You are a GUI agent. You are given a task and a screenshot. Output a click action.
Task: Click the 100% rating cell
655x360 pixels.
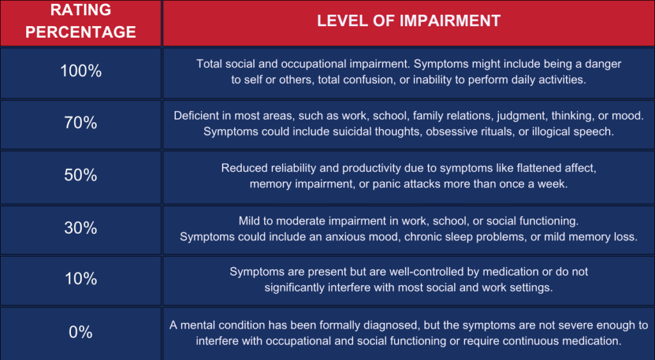point(81,73)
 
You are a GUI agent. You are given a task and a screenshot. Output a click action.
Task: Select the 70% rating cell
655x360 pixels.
point(81,125)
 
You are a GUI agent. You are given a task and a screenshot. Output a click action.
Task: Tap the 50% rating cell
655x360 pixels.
point(81,177)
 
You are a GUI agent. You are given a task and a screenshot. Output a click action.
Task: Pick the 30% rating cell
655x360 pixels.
point(81,230)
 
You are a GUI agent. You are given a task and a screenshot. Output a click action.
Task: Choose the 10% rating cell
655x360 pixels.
point(81,280)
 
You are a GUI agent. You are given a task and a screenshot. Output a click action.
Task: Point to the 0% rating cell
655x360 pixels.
point(81,333)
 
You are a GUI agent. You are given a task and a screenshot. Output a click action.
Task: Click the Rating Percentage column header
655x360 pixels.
point(81,22)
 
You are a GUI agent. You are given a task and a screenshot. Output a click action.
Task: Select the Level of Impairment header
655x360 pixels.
point(409,22)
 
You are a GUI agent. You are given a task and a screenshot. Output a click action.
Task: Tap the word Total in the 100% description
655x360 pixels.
point(209,64)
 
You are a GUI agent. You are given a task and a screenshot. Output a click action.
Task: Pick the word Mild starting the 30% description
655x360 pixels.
point(249,221)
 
